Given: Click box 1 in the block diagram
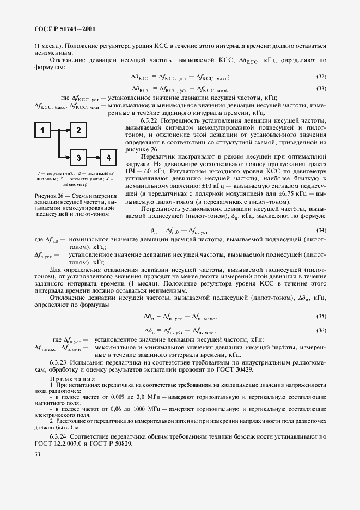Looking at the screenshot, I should (44, 130).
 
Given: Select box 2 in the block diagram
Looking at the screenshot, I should (78, 130).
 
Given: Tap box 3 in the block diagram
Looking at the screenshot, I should (78, 157).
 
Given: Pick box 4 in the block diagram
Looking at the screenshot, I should (108, 157).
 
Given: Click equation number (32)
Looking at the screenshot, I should (321, 77).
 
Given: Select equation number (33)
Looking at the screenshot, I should (321, 88).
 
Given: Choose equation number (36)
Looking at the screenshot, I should (321, 330).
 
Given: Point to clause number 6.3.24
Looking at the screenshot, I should (59, 436).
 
